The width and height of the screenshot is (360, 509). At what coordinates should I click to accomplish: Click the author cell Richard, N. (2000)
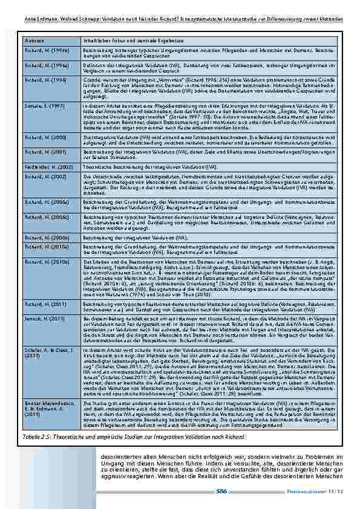click(x=42, y=138)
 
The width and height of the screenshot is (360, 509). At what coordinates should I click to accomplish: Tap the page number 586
click(x=222, y=491)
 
